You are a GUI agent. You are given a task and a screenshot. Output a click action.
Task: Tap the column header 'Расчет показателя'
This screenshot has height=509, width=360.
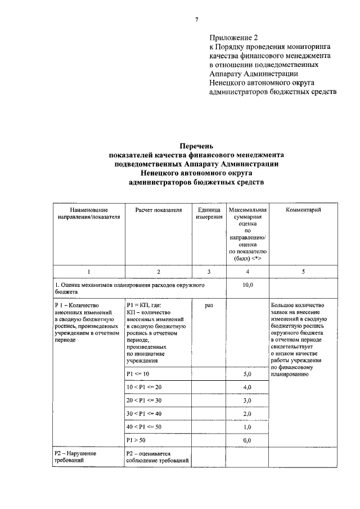[x=159, y=210]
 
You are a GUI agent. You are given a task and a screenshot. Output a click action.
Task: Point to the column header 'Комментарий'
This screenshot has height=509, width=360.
[x=303, y=210]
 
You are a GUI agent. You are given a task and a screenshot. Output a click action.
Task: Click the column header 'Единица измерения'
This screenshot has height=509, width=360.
[x=209, y=214]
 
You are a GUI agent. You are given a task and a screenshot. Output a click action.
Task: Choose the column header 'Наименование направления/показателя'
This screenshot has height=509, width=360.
[x=89, y=214]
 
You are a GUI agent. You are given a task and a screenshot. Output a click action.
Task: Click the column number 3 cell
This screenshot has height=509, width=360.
[x=209, y=272]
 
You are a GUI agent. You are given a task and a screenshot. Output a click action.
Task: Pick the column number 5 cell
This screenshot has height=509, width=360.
[x=303, y=272]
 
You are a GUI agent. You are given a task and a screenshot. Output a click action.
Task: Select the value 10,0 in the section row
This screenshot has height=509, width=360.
[x=247, y=285]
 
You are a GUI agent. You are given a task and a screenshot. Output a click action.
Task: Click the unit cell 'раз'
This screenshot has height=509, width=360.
[x=209, y=305]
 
